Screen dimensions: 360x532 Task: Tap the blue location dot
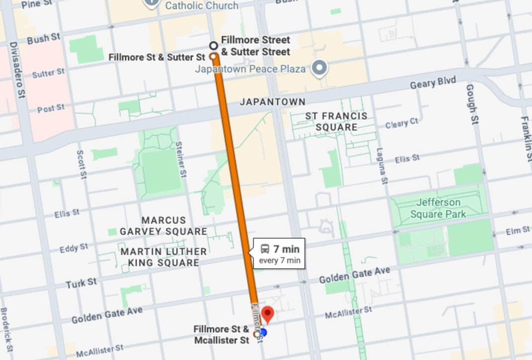point(263,332)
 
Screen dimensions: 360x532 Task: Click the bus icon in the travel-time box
point(266,248)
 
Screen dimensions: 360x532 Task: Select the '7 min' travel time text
point(287,248)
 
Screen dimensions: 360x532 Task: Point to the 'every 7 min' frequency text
point(280,260)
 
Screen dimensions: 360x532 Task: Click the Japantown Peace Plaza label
point(250,69)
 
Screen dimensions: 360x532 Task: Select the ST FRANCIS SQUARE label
point(336,121)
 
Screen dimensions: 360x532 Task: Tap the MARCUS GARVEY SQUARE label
point(163,225)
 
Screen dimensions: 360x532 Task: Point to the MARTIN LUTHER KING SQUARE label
point(163,257)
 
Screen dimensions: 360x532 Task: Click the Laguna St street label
point(381,167)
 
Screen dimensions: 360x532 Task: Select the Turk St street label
point(81,284)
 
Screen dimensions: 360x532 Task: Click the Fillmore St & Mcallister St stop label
point(222,335)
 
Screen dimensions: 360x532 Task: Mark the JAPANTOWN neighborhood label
point(273,102)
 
